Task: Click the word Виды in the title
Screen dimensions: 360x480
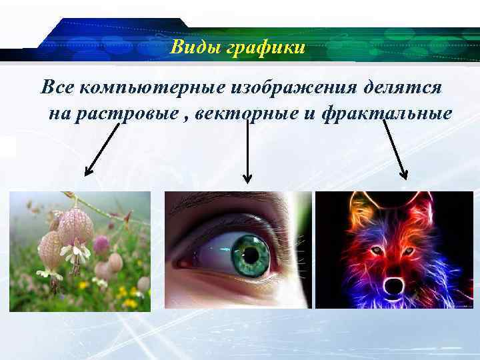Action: pyautogui.click(x=189, y=47)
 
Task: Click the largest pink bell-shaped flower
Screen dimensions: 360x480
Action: pyautogui.click(x=75, y=227)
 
